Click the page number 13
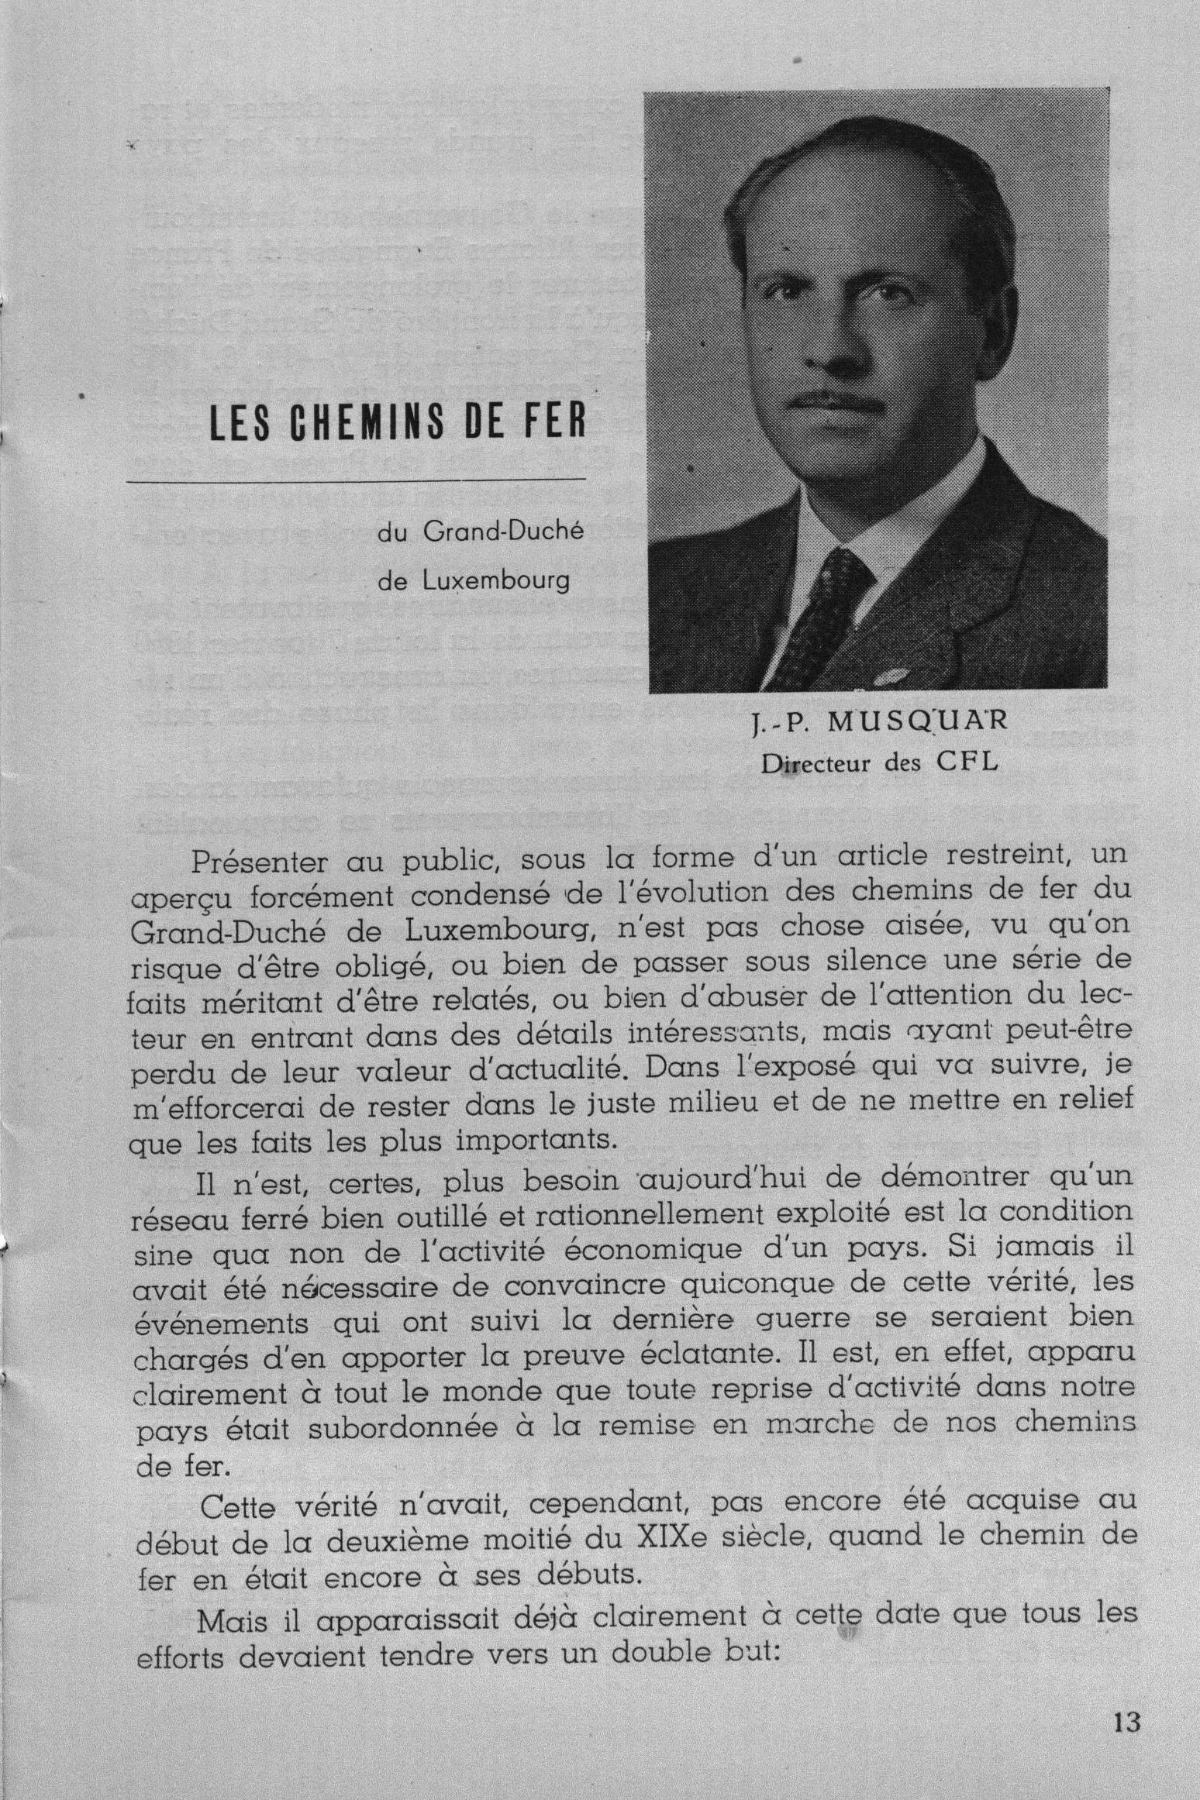(x=1126, y=1722)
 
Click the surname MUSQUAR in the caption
(x=919, y=723)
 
